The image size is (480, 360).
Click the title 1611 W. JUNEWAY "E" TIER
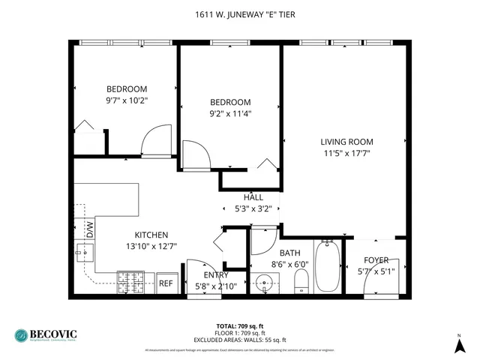click(x=240, y=14)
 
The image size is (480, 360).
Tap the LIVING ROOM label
click(x=346, y=142)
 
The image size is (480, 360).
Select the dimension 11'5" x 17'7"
click(x=346, y=153)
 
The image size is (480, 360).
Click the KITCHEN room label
click(x=151, y=235)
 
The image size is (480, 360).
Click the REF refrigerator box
click(x=166, y=283)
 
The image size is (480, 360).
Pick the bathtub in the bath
click(x=328, y=267)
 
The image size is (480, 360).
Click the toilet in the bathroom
click(x=301, y=281)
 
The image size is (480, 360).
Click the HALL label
click(x=253, y=197)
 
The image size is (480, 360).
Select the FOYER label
click(x=376, y=260)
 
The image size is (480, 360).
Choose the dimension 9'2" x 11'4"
click(x=229, y=114)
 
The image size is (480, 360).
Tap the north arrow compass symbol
click(x=459, y=343)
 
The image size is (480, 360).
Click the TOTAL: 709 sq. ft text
click(x=240, y=325)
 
